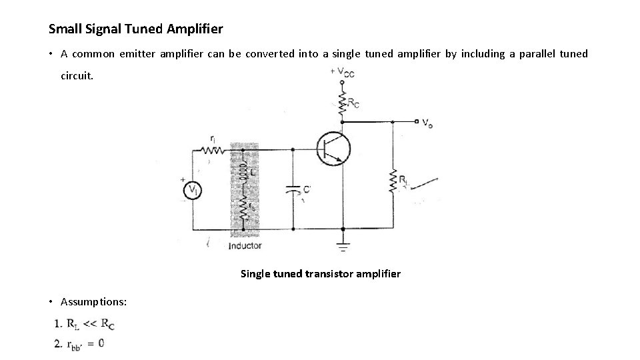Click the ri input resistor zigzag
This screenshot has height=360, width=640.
click(x=213, y=151)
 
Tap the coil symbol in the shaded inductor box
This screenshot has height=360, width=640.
click(x=245, y=166)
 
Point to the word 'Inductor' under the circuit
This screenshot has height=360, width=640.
click(x=245, y=246)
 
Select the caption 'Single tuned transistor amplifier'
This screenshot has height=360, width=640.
click(x=320, y=273)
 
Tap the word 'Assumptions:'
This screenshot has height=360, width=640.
click(x=94, y=302)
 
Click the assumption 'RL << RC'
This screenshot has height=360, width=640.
click(x=91, y=325)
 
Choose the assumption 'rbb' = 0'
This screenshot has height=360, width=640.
click(x=86, y=343)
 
